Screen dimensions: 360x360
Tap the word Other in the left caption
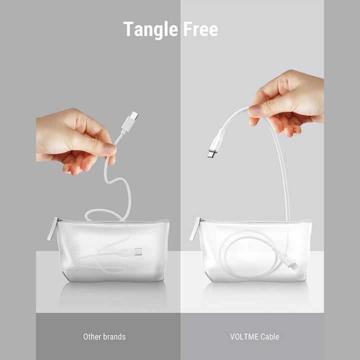92,336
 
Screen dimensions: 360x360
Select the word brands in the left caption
114,336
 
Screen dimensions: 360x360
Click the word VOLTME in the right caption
244,336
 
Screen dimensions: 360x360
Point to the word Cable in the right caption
270,336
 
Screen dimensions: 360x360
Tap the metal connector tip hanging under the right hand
211,153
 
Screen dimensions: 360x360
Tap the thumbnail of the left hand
109,149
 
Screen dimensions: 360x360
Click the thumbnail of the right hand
253,109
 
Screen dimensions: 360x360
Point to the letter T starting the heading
128,29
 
